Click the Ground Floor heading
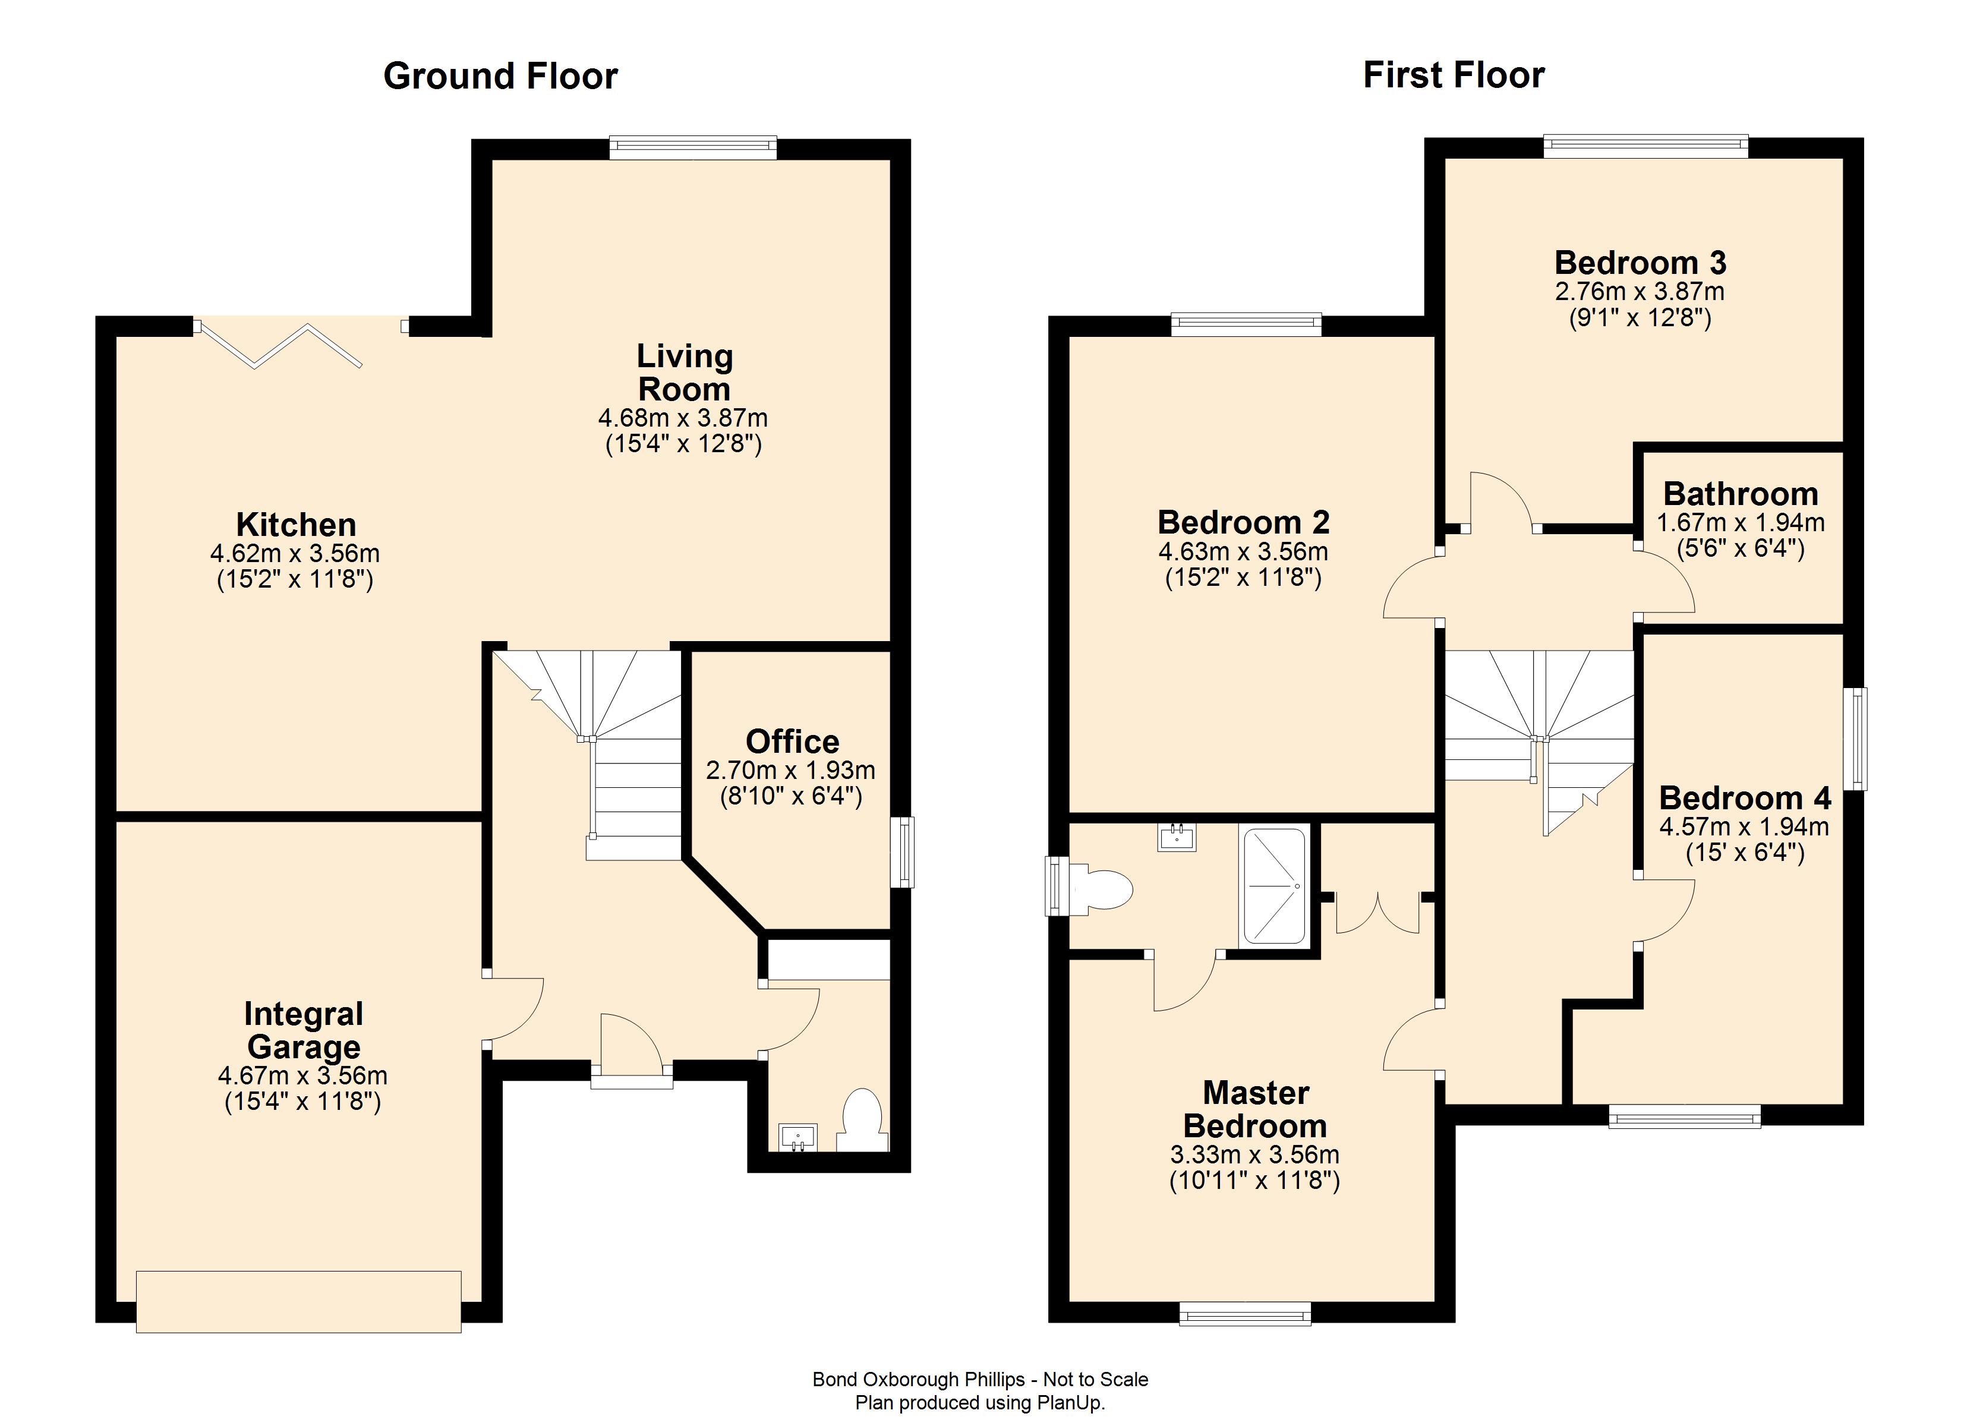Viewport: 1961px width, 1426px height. click(x=500, y=76)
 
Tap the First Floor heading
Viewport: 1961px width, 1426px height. click(x=1454, y=75)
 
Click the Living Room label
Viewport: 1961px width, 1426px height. click(x=684, y=373)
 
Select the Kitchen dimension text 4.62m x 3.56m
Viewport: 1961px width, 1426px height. click(x=295, y=553)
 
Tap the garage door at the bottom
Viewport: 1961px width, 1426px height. click(x=298, y=1301)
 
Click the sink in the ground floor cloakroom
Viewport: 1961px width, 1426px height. click(x=797, y=1137)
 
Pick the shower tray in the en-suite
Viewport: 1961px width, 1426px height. click(x=1273, y=886)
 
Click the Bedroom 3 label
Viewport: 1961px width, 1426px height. click(x=1640, y=263)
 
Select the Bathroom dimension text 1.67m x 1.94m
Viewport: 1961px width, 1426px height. click(x=1740, y=523)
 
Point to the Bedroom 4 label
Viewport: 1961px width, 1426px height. click(x=1744, y=797)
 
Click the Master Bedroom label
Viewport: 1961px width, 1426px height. click(x=1256, y=1109)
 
